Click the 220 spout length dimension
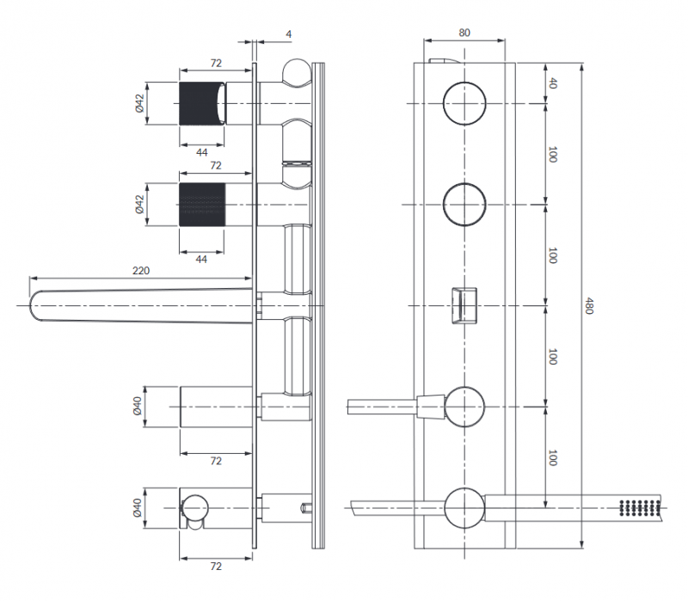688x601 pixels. point(141,271)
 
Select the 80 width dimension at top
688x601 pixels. point(464,34)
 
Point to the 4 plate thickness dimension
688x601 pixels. point(289,34)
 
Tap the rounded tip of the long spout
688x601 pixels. point(39,306)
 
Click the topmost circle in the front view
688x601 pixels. point(464,103)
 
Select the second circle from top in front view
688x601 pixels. point(464,205)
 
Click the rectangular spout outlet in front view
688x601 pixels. point(464,305)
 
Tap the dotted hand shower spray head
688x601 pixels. point(638,507)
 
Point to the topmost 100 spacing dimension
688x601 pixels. point(552,155)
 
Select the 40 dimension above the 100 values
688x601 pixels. point(552,83)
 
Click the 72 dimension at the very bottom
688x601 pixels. point(216,567)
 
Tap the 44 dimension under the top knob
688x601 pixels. point(201,152)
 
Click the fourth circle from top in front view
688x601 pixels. point(464,407)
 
